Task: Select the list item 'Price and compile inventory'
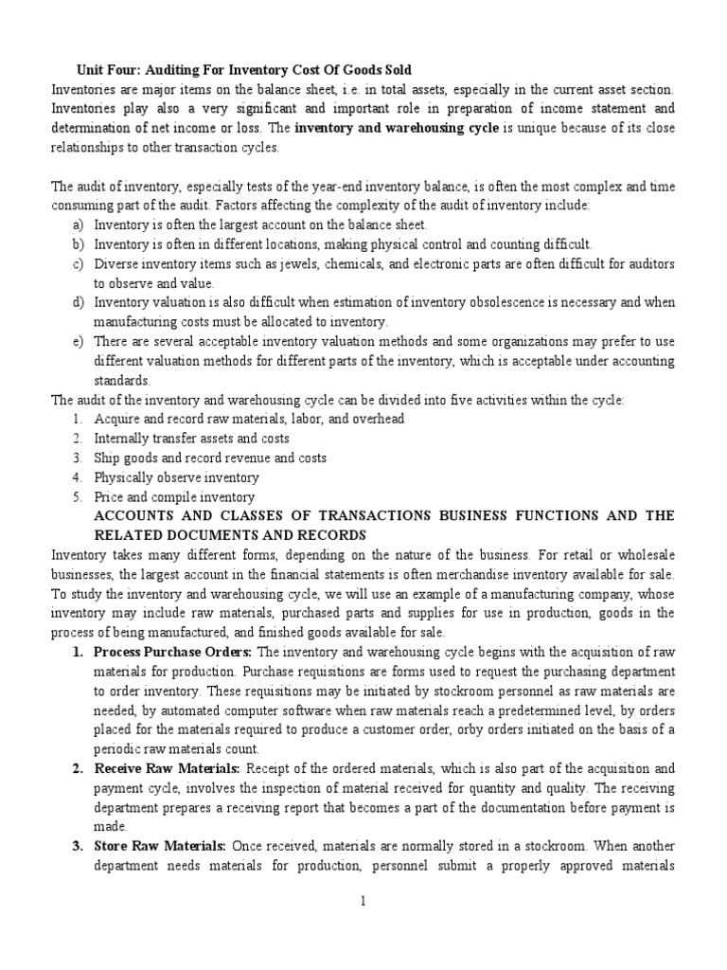pyautogui.click(x=173, y=497)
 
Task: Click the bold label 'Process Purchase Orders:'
pyautogui.click(x=172, y=654)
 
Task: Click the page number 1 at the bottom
pyautogui.click(x=363, y=903)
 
